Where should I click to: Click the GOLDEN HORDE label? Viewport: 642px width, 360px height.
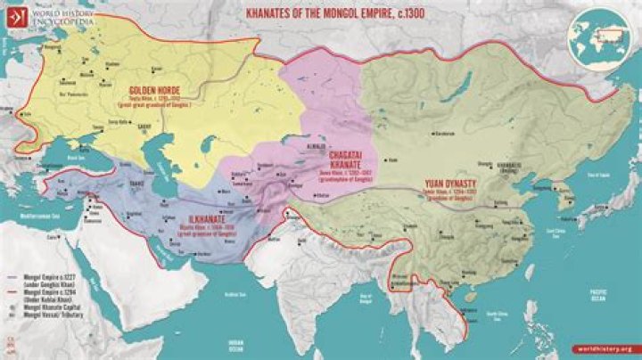[x=155, y=91]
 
